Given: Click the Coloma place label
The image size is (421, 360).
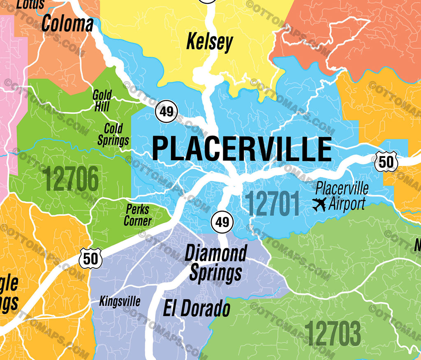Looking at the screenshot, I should tap(67, 24).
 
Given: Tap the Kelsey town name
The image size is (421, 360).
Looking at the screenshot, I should tap(210, 42).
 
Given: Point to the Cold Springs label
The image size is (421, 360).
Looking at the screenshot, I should tap(113, 134).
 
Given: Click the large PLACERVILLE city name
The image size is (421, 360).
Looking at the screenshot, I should tap(242, 149).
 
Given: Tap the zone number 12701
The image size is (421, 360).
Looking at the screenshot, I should tap(272, 204).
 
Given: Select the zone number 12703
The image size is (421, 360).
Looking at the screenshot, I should tap(333, 334).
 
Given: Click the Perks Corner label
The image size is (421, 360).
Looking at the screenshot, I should tap(138, 215).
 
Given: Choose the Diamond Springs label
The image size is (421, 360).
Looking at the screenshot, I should tap(215, 263).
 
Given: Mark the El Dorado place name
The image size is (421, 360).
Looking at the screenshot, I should tap(197, 308).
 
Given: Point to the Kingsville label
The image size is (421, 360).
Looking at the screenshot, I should tap(120, 302).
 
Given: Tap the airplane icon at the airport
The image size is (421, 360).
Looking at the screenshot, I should tap(319, 204).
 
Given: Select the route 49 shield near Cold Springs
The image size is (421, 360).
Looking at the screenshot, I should tap(167, 111).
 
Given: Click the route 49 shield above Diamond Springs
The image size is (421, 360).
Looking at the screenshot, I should tap(222, 222).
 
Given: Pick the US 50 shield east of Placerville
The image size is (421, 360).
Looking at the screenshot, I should tap(386, 162).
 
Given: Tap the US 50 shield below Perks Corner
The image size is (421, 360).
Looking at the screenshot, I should tap(90, 258).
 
